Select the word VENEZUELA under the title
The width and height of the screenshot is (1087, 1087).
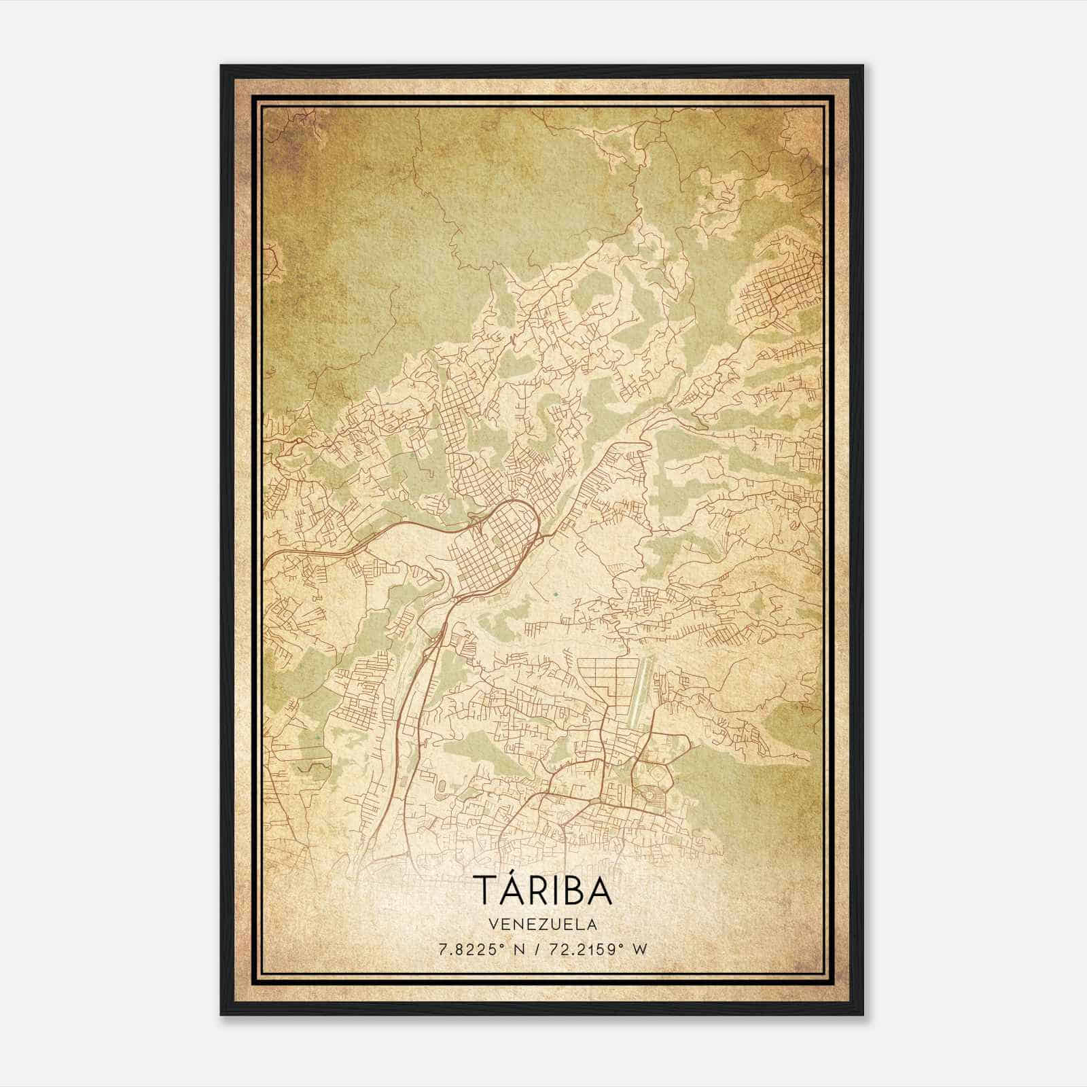click(542, 925)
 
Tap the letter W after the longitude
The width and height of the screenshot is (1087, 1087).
click(641, 950)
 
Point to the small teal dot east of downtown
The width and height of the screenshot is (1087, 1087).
click(556, 594)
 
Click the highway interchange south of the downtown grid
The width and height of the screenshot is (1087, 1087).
click(435, 639)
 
